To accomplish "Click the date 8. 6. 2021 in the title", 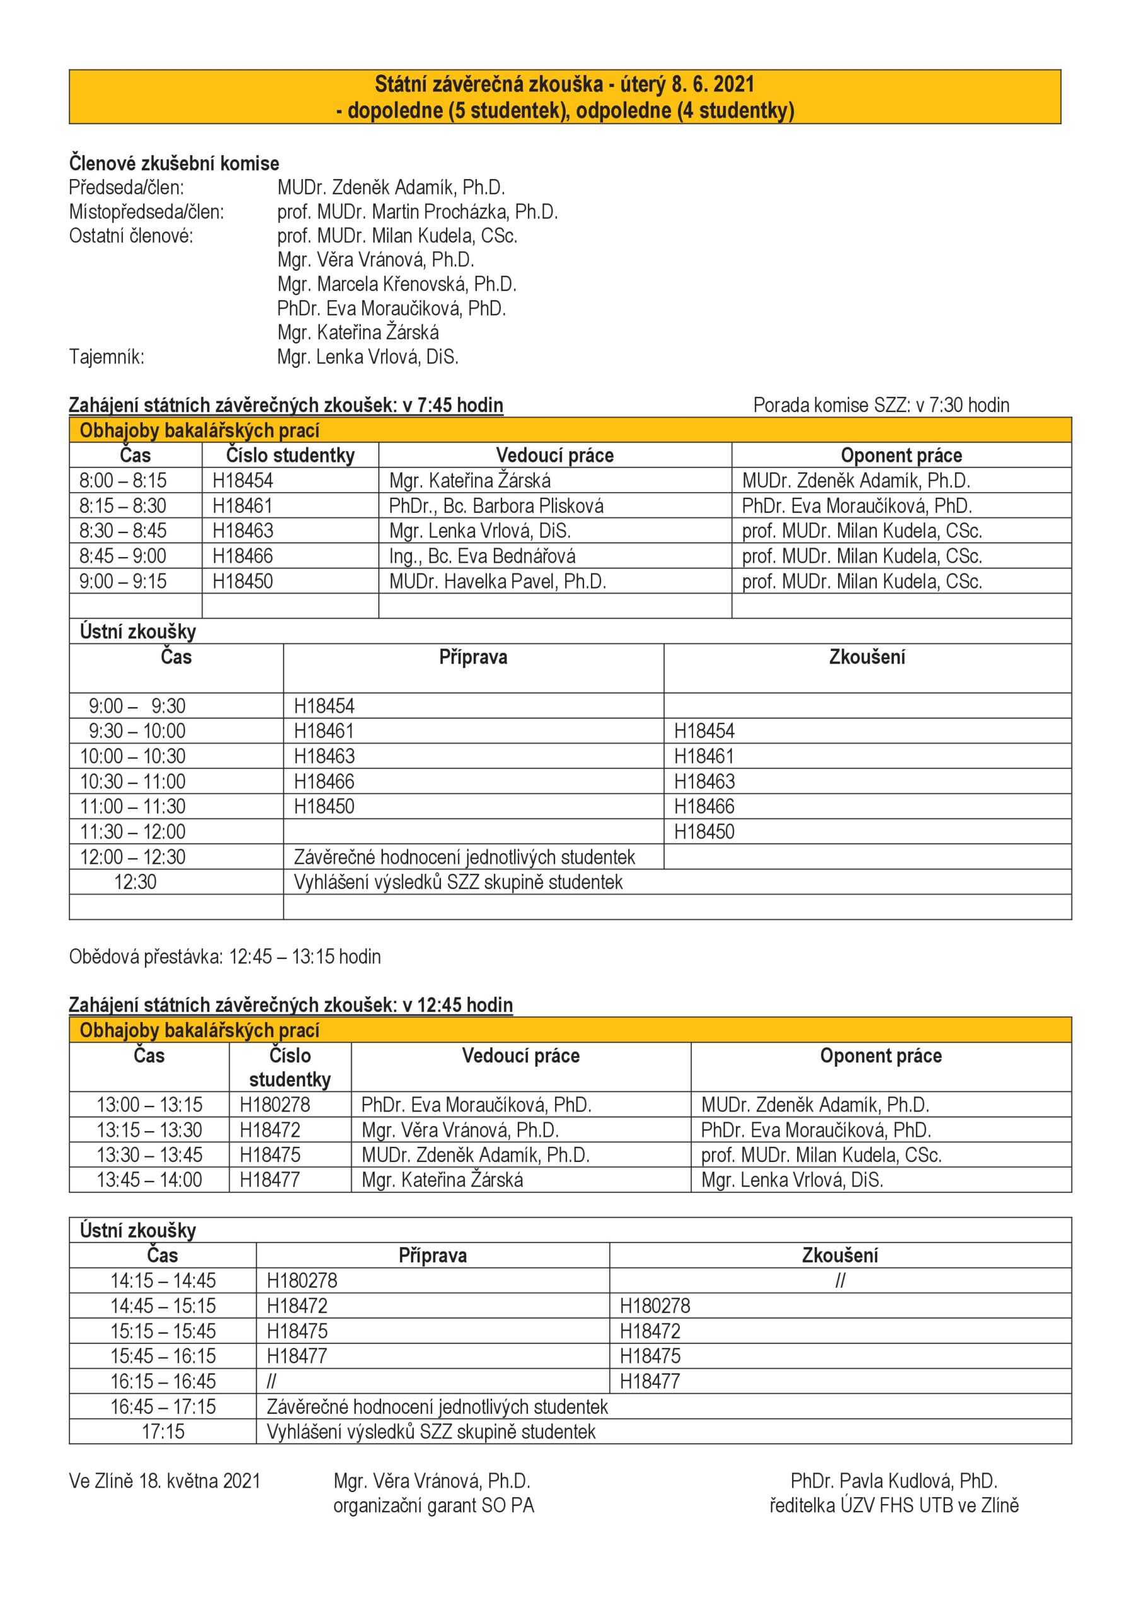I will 712,85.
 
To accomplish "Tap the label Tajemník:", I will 106,356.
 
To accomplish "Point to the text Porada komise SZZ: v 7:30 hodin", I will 881,405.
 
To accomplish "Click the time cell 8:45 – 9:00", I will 123,556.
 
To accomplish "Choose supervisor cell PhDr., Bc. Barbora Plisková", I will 496,506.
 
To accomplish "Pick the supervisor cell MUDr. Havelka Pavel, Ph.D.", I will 498,581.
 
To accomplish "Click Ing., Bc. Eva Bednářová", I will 482,556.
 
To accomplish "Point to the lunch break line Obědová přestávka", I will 225,956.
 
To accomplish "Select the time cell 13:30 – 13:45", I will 149,1154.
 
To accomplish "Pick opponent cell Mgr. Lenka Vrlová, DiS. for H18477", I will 792,1180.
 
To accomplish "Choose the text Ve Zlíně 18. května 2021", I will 165,1481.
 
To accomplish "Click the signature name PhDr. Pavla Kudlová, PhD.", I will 893,1481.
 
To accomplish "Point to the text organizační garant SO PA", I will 433,1505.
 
